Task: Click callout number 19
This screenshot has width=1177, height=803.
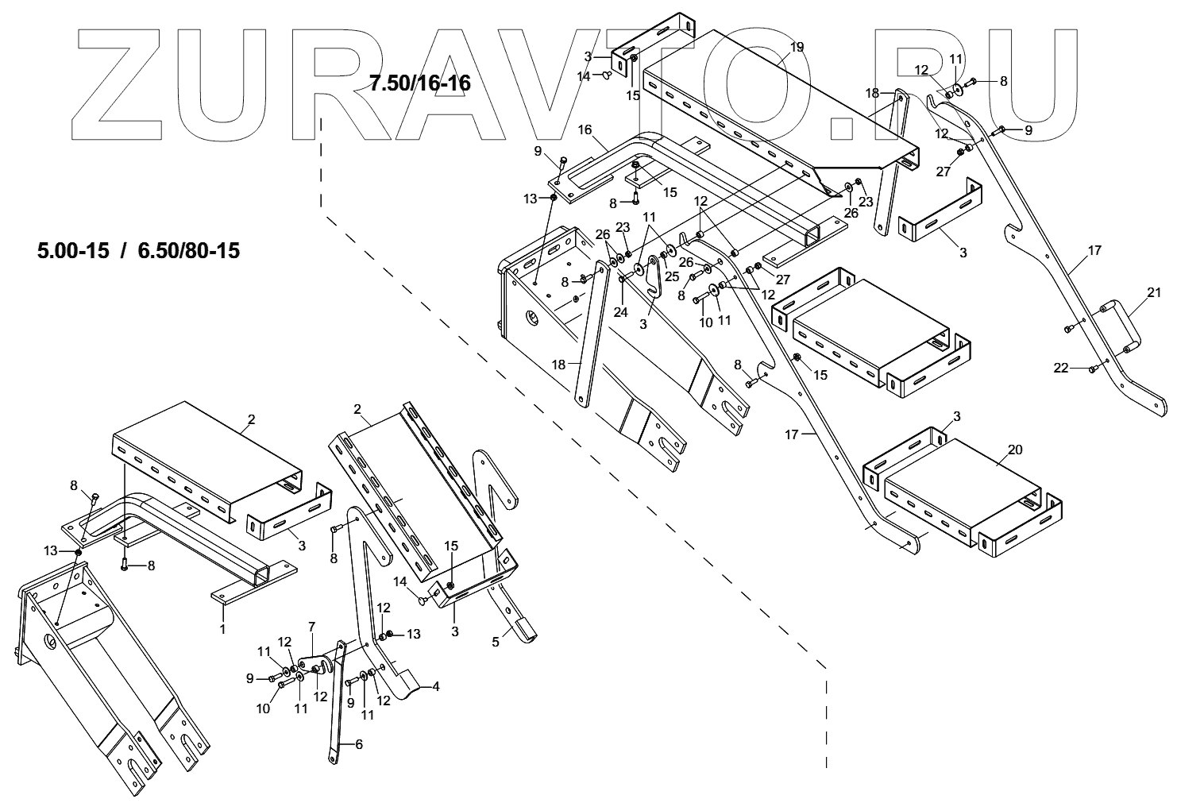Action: coord(797,48)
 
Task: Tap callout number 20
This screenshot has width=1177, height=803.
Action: coord(1014,450)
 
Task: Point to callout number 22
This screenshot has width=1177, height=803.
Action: coord(1060,368)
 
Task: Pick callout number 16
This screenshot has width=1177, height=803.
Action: coord(585,129)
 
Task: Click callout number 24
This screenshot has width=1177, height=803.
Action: coord(620,312)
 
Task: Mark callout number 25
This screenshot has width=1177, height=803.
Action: coord(672,276)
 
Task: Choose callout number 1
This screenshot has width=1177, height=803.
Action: coord(222,629)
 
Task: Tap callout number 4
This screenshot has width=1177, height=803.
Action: coord(434,686)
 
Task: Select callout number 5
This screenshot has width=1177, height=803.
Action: coord(496,641)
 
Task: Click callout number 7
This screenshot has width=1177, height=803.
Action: coord(311,627)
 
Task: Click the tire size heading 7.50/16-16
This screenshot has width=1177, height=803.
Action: coord(419,83)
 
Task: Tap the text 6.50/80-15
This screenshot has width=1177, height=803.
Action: coord(188,251)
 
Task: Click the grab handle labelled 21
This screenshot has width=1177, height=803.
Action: coord(1115,325)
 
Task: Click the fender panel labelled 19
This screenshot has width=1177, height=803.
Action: coord(754,103)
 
